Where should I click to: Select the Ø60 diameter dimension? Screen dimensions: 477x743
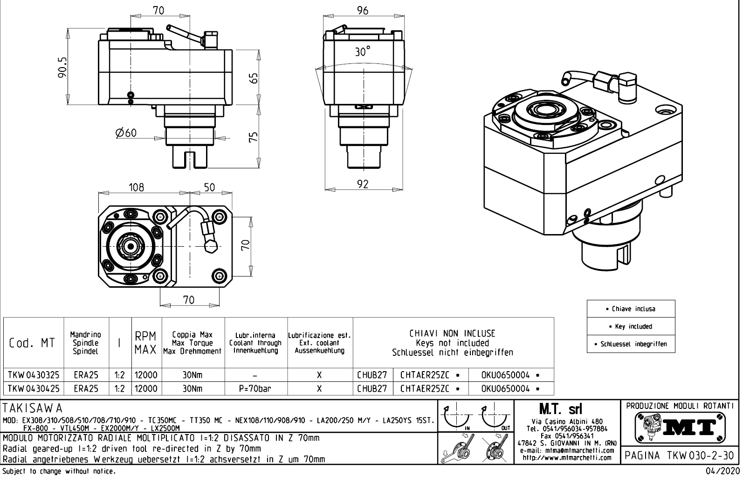coord(126,133)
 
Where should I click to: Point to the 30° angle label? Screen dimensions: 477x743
coord(362,51)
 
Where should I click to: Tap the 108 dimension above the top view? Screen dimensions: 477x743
coord(136,187)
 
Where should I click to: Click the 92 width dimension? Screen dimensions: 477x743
coord(363,184)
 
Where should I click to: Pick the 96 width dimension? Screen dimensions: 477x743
coord(363,11)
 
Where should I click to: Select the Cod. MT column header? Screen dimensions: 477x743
coord(32,343)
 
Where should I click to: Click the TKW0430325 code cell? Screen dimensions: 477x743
coord(33,375)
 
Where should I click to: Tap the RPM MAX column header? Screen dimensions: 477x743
coord(146,343)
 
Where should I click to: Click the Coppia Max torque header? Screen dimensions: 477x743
coord(193,343)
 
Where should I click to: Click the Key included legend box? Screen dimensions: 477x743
coord(631,326)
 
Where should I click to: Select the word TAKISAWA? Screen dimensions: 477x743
coord(33,408)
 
